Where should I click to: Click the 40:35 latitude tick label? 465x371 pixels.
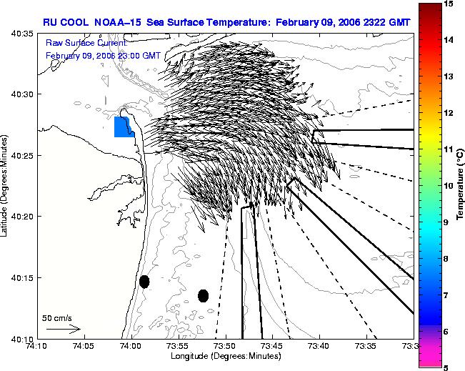click(x=23, y=34)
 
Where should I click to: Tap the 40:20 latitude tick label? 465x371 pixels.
click(x=23, y=217)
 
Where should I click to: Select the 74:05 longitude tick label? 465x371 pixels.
click(x=85, y=346)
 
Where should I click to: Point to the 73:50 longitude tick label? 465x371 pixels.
click(x=226, y=346)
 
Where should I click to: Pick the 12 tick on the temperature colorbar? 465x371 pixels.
click(x=448, y=113)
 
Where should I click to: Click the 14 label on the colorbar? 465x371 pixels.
click(x=448, y=39)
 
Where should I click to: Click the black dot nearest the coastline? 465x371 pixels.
click(x=144, y=282)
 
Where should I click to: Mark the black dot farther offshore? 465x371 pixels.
click(x=203, y=296)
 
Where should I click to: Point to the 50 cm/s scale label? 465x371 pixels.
click(x=56, y=318)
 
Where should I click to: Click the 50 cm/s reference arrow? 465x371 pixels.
click(x=64, y=329)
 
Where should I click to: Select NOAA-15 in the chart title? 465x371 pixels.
click(x=118, y=23)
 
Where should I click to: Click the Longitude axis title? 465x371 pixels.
click(x=226, y=356)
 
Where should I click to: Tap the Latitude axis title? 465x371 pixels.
click(x=4, y=186)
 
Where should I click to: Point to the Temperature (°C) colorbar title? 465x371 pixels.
click(x=460, y=184)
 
